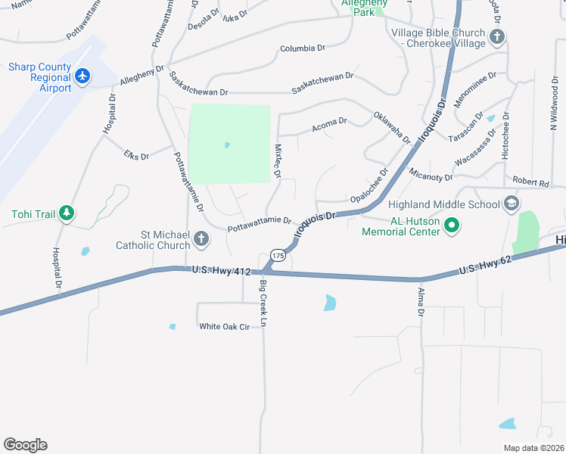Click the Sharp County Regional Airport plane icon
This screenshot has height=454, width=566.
pyautogui.click(x=83, y=76)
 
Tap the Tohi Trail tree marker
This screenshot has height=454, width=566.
pyautogui.click(x=67, y=214)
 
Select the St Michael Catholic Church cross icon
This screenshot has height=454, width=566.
pyautogui.click(x=201, y=239)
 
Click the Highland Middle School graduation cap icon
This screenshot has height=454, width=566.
pyautogui.click(x=511, y=204)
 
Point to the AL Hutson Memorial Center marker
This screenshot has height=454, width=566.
pyautogui.click(x=452, y=225)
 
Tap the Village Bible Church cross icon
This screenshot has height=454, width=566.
pyautogui.click(x=496, y=37)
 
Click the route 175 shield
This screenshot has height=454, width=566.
pyautogui.click(x=278, y=257)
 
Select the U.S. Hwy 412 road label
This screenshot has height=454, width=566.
pyautogui.click(x=221, y=269)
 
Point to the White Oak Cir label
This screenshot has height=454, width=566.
pyautogui.click(x=224, y=326)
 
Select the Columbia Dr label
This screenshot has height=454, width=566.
pyautogui.click(x=302, y=48)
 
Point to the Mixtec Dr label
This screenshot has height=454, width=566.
pyautogui.click(x=277, y=161)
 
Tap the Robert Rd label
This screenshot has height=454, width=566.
pyautogui.click(x=530, y=182)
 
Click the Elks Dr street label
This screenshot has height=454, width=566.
pyautogui.click(x=136, y=156)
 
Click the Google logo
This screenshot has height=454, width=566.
pyautogui.click(x=25, y=445)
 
